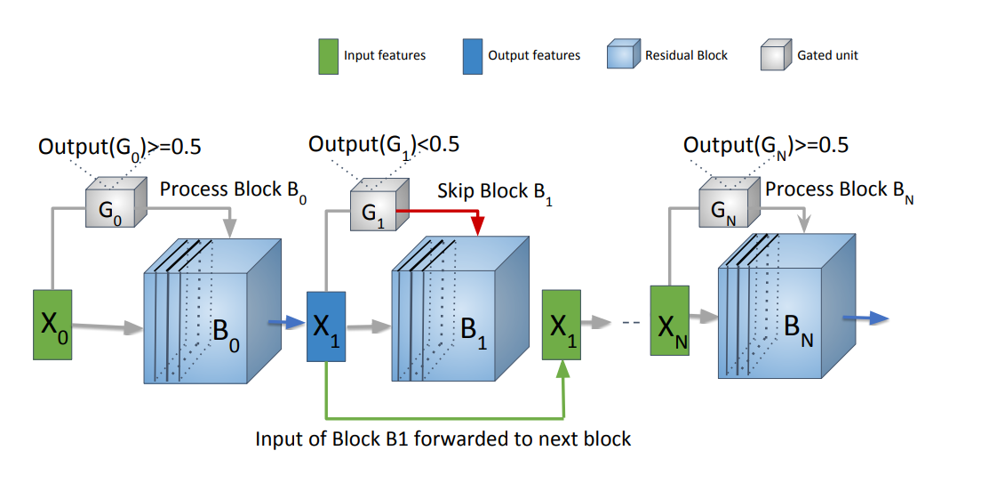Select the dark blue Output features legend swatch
[472, 55]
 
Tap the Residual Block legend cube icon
[621, 56]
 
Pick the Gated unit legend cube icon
[775, 56]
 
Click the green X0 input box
[52, 324]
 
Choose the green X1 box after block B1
[561, 326]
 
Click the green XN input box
[669, 321]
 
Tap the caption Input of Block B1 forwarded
[443, 439]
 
